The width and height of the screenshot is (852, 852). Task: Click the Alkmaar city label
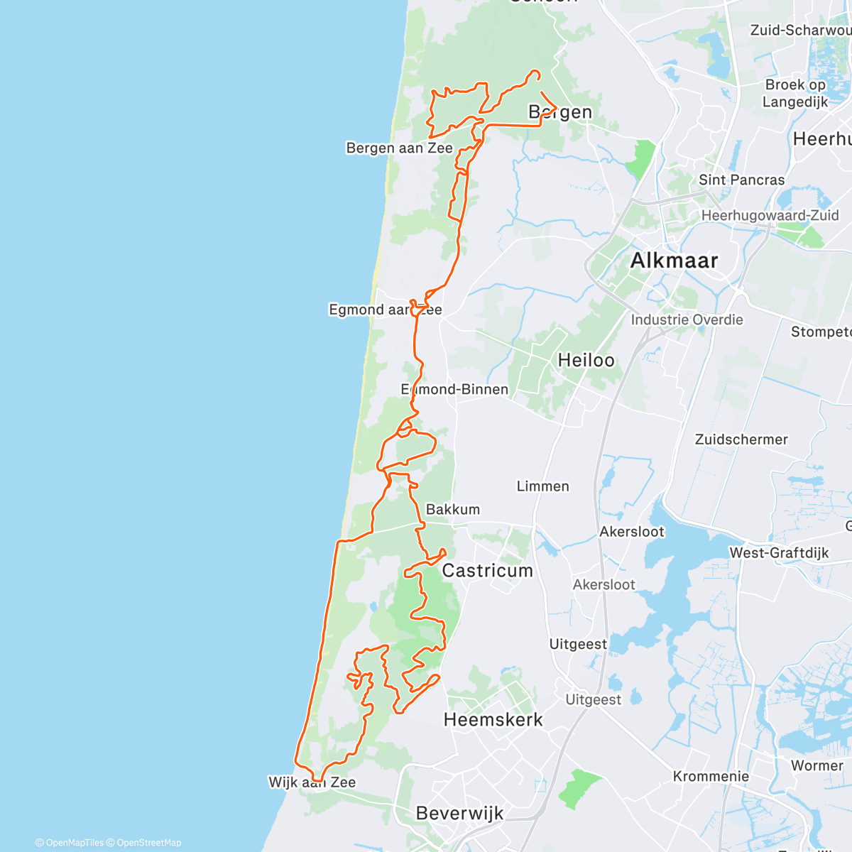pos(674,261)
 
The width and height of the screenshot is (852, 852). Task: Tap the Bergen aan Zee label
pos(399,148)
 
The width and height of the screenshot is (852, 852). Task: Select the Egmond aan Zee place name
pos(385,310)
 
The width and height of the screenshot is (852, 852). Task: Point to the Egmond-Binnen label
pos(454,389)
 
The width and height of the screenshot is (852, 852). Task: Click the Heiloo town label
pos(586,360)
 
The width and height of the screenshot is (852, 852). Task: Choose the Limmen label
pos(542,486)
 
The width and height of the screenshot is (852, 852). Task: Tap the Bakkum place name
pos(452,509)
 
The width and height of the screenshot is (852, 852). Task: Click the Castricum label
pos(487,570)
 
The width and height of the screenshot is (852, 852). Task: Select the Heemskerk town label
pos(493,719)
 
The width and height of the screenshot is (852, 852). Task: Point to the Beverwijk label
pos(459,813)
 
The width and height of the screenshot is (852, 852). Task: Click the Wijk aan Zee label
pos(312,782)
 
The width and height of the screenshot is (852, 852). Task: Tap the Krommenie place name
pos(711,776)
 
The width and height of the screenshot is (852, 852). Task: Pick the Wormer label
pos(816,765)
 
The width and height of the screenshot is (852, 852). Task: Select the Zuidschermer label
pos(741,439)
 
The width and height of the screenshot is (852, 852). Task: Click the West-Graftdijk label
pos(779,552)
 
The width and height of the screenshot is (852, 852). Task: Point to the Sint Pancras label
pos(741,180)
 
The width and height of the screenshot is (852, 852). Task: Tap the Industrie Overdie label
pos(687,319)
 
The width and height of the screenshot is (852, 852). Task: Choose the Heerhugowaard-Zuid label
pos(770,215)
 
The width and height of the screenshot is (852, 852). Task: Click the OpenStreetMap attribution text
pos(148,843)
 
